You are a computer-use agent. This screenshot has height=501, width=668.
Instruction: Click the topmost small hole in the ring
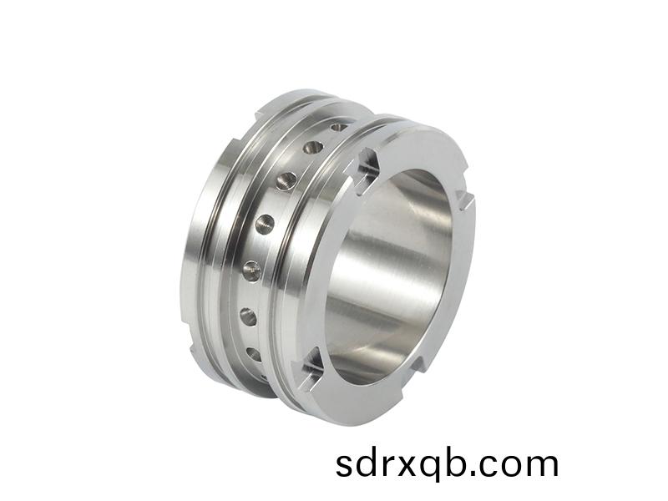[338, 127]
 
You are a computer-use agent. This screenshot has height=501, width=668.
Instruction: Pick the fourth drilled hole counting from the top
[265, 223]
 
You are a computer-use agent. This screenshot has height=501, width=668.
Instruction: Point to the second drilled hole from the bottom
[248, 316]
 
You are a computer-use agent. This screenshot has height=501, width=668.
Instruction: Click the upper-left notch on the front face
[367, 165]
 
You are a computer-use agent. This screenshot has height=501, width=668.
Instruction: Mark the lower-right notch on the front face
[420, 363]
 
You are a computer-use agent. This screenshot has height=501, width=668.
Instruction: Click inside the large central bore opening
[392, 276]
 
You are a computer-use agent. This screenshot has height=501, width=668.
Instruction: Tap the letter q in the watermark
[438, 468]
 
